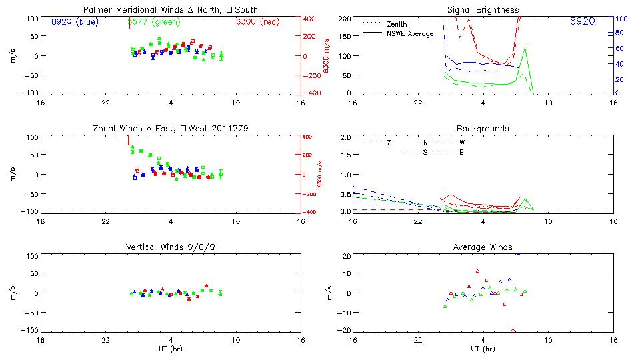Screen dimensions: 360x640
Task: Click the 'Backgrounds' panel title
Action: [x=483, y=128]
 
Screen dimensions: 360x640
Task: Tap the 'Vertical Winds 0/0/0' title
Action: [x=171, y=247]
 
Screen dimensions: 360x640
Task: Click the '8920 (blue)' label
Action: [x=75, y=22]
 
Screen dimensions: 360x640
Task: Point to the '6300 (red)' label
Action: [x=257, y=22]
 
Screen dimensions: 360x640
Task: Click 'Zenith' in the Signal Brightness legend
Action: [x=397, y=24]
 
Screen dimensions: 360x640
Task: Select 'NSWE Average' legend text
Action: [x=410, y=33]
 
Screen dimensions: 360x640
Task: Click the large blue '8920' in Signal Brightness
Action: [x=583, y=22]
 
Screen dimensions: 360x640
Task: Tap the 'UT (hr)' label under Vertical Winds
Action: [x=171, y=349]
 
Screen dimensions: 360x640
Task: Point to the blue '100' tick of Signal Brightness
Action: [x=619, y=19]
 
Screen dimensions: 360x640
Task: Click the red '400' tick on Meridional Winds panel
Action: [x=310, y=19]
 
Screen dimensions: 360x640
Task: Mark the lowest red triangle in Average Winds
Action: [x=513, y=330]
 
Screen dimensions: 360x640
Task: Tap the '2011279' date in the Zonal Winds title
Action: [x=212, y=128]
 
